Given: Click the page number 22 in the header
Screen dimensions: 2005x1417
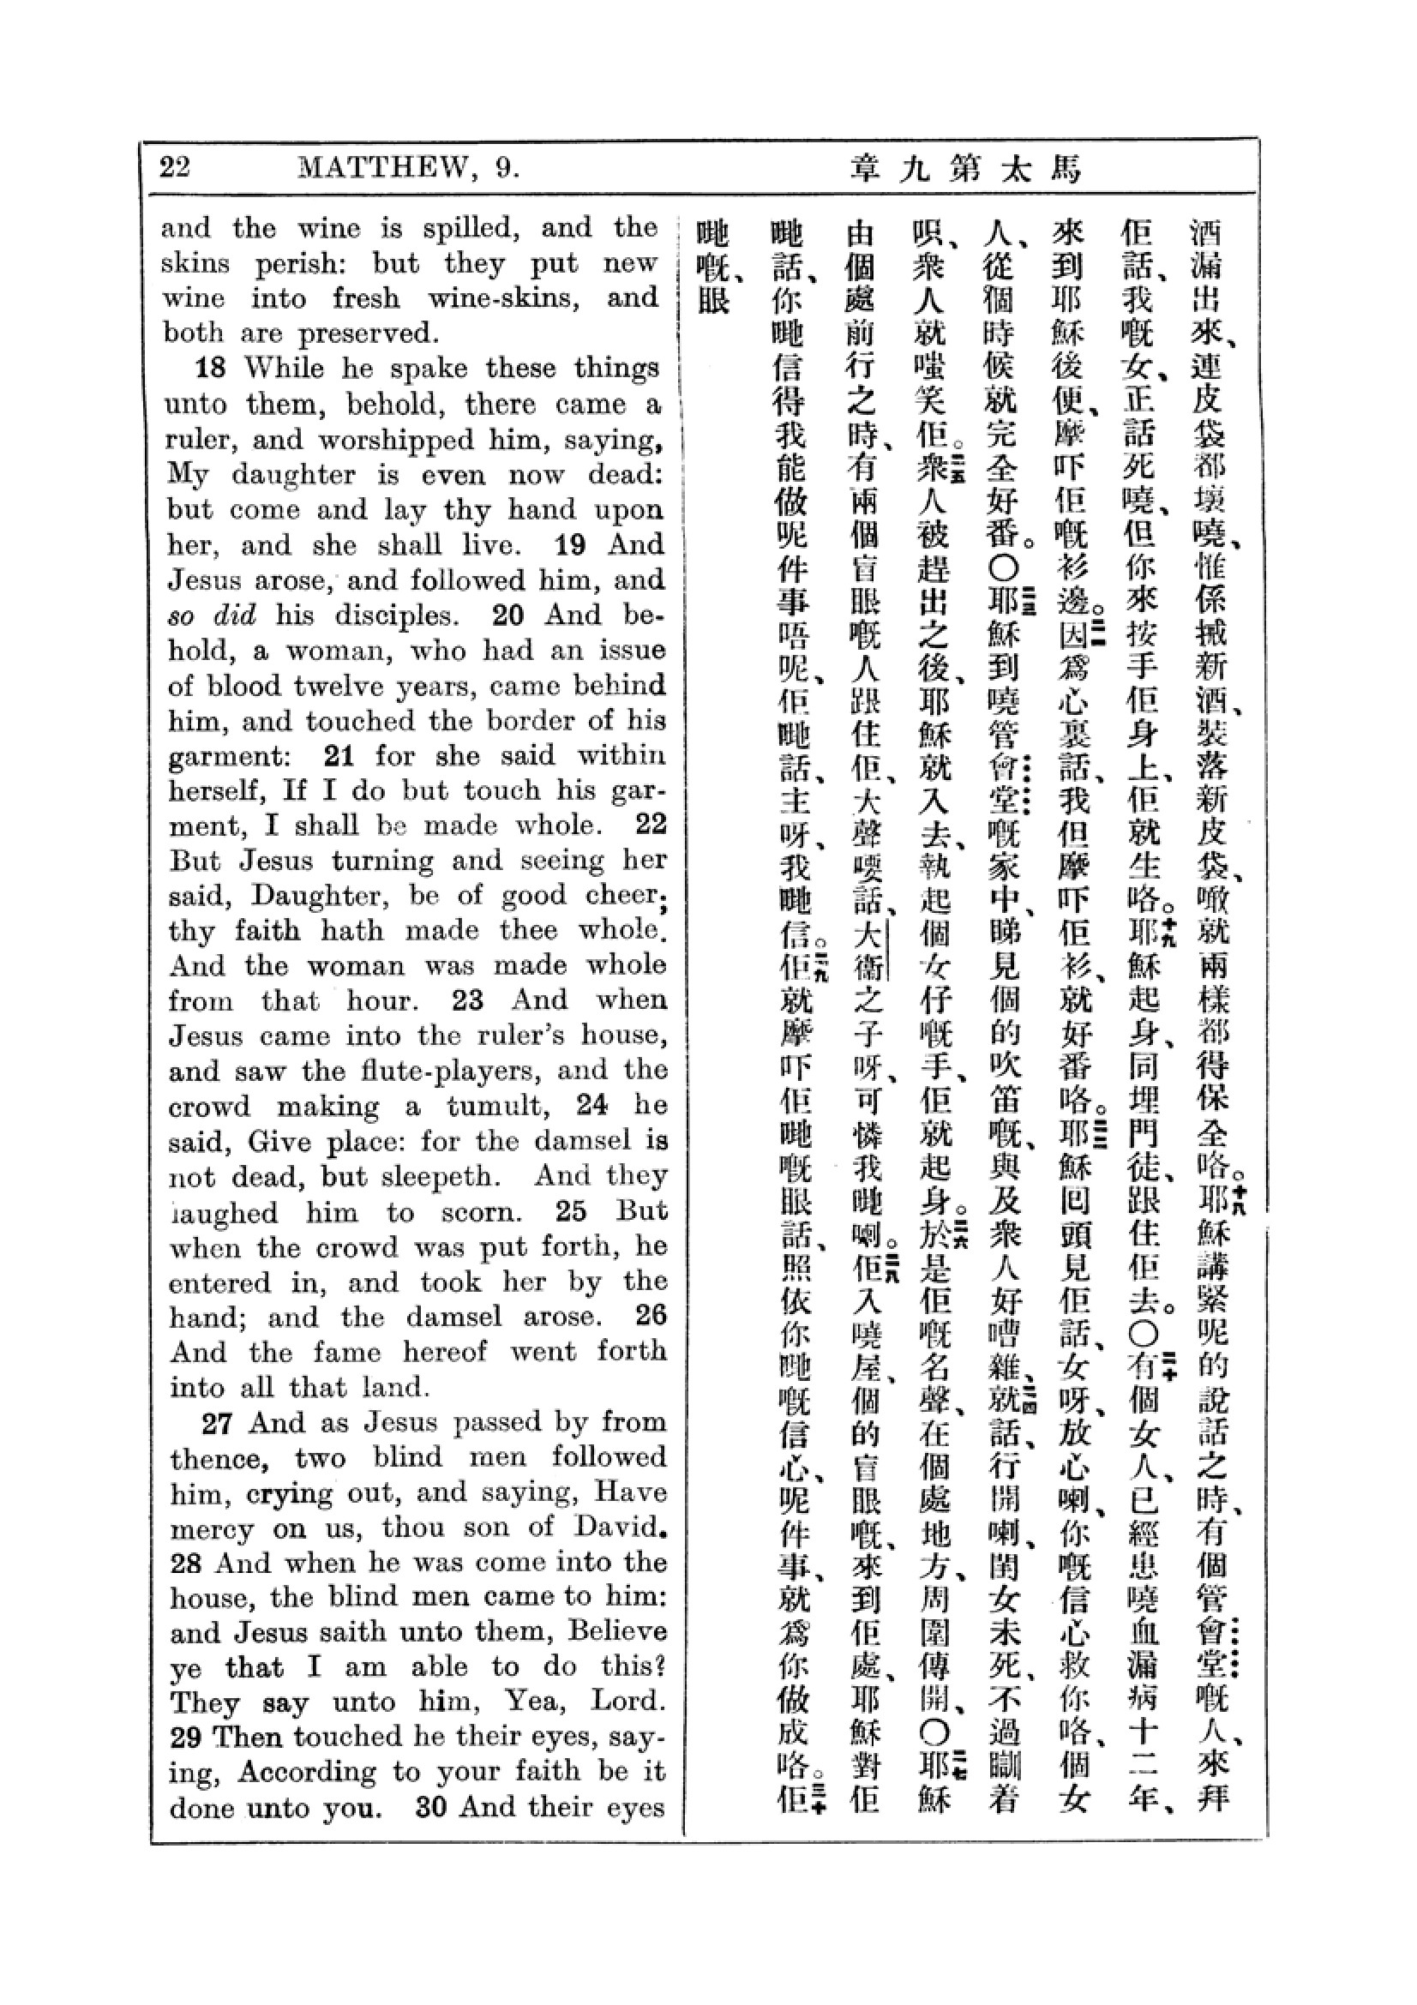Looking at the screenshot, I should point(175,166).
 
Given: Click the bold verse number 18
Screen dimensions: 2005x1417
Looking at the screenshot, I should point(210,368).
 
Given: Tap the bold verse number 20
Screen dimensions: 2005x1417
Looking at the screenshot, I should point(508,615).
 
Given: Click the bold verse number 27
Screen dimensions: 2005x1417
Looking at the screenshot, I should point(217,1424).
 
